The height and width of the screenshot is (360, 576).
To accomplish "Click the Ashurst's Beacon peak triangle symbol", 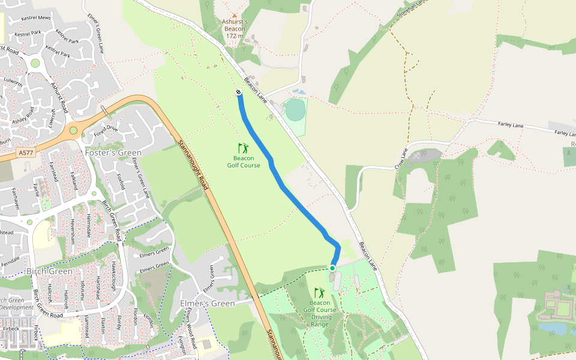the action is click(x=235, y=16).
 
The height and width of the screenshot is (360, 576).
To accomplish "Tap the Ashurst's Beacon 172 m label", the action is click(x=235, y=28).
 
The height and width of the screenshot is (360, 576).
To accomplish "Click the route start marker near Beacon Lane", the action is click(x=239, y=92).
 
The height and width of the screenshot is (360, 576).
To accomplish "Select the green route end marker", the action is click(x=332, y=268).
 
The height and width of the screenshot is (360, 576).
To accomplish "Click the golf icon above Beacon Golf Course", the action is click(x=243, y=148).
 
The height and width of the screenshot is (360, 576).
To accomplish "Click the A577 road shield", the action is click(x=26, y=153).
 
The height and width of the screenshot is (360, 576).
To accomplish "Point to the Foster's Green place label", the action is click(x=113, y=152).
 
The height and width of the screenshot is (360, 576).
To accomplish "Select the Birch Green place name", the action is click(x=49, y=271).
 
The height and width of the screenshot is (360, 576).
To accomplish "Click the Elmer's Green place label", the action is click(x=208, y=304).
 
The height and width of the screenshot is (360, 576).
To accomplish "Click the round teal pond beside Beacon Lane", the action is click(x=295, y=110).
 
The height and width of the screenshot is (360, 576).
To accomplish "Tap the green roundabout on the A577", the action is click(x=73, y=130).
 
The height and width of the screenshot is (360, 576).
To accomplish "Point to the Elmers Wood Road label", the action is click(x=191, y=328).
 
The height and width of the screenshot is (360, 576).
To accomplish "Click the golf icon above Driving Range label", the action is click(x=320, y=293).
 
